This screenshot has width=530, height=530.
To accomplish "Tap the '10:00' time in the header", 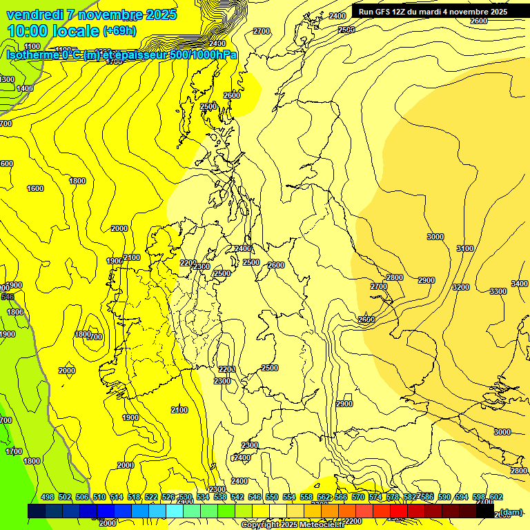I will point(28,31).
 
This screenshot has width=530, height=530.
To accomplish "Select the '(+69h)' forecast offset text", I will point(119,31).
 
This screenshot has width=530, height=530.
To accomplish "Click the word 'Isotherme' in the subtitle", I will point(32,55).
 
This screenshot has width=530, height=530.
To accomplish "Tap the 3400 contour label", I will point(519,284).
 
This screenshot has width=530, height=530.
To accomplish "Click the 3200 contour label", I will point(460,287).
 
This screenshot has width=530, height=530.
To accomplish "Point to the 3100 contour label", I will point(465,248).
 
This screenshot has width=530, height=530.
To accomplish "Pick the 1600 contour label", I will point(35,188).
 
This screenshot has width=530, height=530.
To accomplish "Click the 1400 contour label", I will point(25,88).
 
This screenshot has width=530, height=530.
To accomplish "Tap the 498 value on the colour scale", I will point(48,497).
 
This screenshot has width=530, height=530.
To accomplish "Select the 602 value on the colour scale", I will point(495,497).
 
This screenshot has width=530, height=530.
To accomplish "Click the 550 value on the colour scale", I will point(272,497).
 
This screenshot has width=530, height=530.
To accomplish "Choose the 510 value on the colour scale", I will point(99,497).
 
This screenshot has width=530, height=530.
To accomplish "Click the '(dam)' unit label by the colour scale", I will point(511,511).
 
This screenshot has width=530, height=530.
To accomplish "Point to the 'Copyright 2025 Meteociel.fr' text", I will point(293,525).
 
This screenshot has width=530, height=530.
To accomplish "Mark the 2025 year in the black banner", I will point(496,12).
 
